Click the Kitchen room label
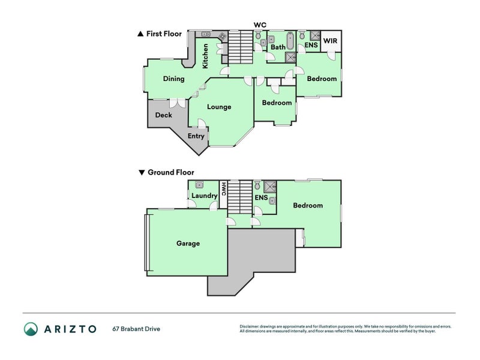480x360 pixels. (x=205, y=56)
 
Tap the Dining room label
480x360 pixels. (x=173, y=79)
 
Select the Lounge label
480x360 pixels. (x=219, y=107)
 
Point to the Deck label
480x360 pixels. (x=163, y=115)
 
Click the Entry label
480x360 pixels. (x=196, y=136)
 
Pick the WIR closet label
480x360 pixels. (x=331, y=41)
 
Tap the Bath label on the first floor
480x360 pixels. (x=278, y=47)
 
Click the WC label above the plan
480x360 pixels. (x=260, y=25)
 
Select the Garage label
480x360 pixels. (x=188, y=244)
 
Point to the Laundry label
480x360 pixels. (x=204, y=196)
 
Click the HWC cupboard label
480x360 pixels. (x=223, y=189)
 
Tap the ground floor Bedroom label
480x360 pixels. (x=308, y=205)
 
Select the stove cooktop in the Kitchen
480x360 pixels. (x=223, y=37)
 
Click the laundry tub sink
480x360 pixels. (x=199, y=185)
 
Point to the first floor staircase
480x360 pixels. (x=241, y=47)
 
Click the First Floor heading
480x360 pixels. (x=160, y=34)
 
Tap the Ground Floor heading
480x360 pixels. (x=166, y=172)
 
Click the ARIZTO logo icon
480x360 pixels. (x=31, y=329)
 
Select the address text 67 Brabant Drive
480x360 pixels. (x=136, y=329)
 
